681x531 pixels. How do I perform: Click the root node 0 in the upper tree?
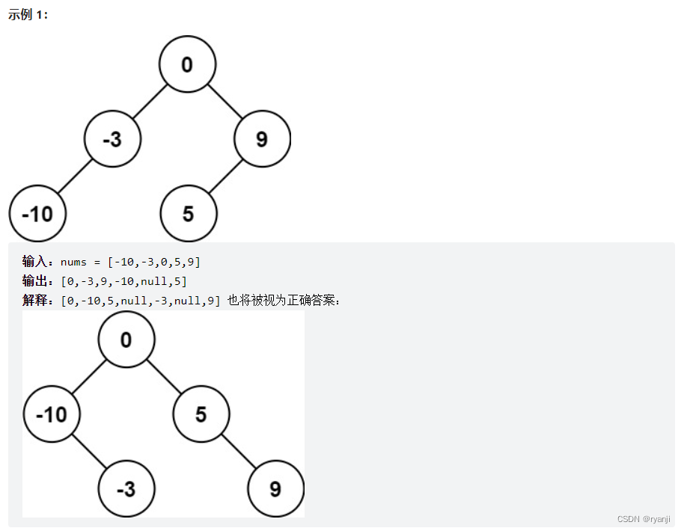(187, 64)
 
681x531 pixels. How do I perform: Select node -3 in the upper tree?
(112, 139)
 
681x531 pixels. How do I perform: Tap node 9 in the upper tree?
(262, 139)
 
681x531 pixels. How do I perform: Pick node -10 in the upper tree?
(37, 214)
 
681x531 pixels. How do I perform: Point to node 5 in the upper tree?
(188, 214)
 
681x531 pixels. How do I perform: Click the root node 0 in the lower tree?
(126, 340)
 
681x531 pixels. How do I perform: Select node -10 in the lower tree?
(52, 414)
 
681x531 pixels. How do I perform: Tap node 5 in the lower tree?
(201, 414)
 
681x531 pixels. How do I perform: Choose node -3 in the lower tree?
(126, 489)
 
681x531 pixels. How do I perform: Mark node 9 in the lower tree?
(275, 489)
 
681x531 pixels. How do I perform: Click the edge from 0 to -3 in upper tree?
(150, 102)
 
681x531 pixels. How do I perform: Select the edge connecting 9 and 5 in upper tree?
(225, 177)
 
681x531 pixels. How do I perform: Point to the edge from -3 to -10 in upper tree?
(75, 177)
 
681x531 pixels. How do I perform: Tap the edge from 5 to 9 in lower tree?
(238, 451)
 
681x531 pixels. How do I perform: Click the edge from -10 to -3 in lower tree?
(89, 451)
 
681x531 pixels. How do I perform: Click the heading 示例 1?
(28, 15)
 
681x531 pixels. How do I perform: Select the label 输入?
(34, 262)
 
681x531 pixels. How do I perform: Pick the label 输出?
(34, 281)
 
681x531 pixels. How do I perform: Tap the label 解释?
(34, 301)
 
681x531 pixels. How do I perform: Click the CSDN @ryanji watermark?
(644, 519)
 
